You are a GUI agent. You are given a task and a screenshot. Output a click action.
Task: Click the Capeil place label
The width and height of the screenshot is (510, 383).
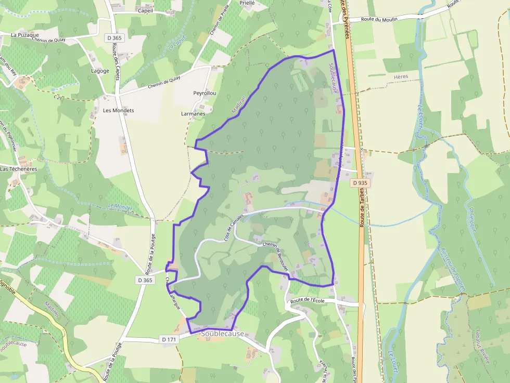[x=146, y=10]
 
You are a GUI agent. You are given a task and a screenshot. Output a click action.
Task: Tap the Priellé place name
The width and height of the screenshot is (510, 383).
[x=247, y=3]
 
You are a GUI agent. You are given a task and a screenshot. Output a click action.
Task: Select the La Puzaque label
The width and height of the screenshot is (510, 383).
[x=25, y=35]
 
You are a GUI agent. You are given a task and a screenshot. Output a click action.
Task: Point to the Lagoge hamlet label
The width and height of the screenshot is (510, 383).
[x=100, y=71]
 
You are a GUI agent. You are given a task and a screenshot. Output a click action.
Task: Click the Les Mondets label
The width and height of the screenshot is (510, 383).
[x=118, y=111]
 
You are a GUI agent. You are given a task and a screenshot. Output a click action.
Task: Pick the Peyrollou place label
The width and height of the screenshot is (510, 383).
[x=205, y=93]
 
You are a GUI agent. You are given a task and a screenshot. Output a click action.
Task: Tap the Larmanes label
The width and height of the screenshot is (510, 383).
[x=193, y=113]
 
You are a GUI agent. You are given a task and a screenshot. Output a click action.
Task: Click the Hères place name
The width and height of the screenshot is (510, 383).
[x=401, y=76]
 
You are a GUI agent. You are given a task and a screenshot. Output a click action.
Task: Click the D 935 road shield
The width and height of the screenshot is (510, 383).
[x=359, y=183]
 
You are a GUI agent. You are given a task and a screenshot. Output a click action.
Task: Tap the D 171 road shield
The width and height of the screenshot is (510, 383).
[x=170, y=339]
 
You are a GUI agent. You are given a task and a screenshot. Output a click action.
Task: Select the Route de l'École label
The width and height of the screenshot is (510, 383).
[x=308, y=300]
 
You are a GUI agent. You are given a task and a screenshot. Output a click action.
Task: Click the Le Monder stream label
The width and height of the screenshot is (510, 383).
[x=120, y=207]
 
